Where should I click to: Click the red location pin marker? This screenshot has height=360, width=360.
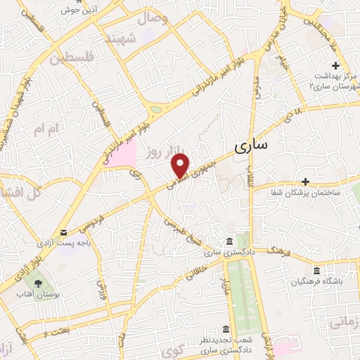181,165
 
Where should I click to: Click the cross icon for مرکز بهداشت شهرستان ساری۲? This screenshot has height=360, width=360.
337,65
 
